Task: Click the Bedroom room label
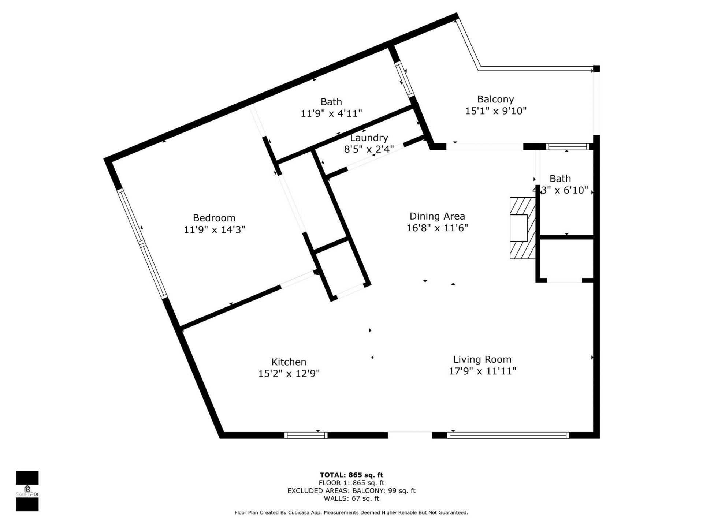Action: point(214,218)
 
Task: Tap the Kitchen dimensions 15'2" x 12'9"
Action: point(289,374)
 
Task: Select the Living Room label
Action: point(482,359)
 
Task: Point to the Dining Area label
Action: point(437,216)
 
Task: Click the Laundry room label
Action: point(369,138)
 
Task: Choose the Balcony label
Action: point(495,99)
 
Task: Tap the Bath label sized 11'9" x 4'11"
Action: point(331,102)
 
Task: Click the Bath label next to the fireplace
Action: point(560,179)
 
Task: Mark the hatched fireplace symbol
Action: point(522,228)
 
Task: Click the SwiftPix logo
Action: point(27,490)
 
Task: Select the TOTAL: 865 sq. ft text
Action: point(351,475)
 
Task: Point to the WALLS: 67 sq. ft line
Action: point(351,498)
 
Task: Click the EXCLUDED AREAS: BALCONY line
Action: point(351,491)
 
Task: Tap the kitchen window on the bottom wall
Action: point(306,435)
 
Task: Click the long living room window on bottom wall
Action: point(508,435)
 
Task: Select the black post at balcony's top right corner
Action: point(596,68)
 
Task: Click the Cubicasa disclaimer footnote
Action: point(351,513)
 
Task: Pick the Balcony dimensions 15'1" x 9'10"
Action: point(495,111)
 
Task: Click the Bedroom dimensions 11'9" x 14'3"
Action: point(214,230)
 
